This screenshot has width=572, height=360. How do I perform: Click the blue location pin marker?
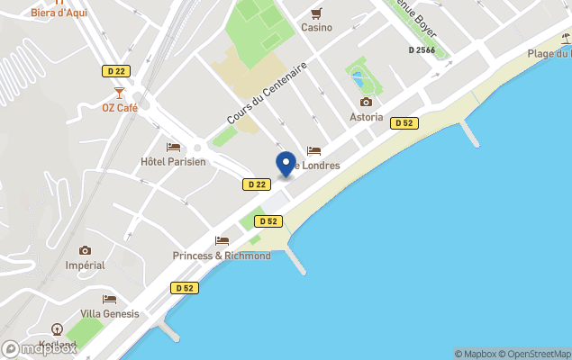pyautogui.click(x=286, y=165)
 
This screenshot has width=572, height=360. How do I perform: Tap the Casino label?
pyautogui.click(x=316, y=27)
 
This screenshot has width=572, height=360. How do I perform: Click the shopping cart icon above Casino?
pyautogui.click(x=316, y=13)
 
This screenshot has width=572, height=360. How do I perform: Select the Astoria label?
pyautogui.click(x=366, y=117)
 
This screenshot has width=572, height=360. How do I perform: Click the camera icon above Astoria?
pyautogui.click(x=366, y=103)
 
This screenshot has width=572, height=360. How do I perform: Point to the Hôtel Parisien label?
pyautogui.click(x=173, y=162)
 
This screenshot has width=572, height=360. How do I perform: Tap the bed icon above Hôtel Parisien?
pyautogui.click(x=173, y=147)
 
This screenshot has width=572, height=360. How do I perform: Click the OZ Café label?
pyautogui.click(x=119, y=108)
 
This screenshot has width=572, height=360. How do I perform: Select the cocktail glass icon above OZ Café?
pyautogui.click(x=119, y=93)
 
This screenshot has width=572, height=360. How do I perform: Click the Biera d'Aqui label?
pyautogui.click(x=59, y=13)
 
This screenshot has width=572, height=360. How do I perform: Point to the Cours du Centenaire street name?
pyautogui.click(x=267, y=94)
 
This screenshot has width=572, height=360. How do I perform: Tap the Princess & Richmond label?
pyautogui.click(x=222, y=256)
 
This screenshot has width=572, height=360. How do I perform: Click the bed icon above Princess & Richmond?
pyautogui.click(x=222, y=240)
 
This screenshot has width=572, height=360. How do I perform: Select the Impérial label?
pyautogui.click(x=86, y=265)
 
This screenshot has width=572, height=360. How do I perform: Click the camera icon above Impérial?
pyautogui.click(x=86, y=250)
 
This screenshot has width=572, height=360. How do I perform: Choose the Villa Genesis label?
pyautogui.click(x=110, y=313)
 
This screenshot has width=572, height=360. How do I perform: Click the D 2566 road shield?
pyautogui.click(x=422, y=50)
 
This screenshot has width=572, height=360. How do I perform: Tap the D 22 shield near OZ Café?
pyautogui.click(x=114, y=70)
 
